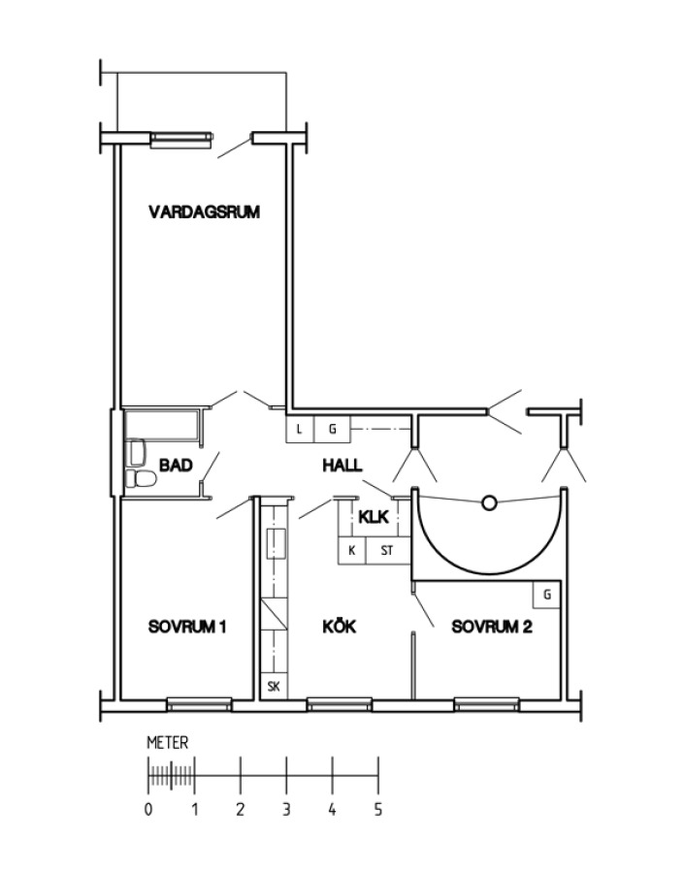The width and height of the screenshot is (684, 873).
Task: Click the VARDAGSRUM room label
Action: [205, 212]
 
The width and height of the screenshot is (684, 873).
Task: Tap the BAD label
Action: [176, 465]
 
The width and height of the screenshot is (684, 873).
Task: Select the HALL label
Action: [342, 465]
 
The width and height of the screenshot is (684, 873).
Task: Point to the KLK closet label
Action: [374, 517]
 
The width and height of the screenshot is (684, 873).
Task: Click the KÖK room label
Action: [340, 627]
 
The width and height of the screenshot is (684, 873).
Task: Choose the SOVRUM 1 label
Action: [187, 627]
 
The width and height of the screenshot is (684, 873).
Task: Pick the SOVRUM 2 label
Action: [492, 627]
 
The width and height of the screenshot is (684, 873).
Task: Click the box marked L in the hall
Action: [300, 430]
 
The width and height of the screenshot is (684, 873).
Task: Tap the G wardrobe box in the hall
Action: [333, 430]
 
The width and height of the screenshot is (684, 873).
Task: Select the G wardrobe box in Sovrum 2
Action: [547, 595]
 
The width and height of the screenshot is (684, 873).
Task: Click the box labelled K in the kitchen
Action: [352, 551]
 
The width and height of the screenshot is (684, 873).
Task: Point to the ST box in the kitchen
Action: [388, 551]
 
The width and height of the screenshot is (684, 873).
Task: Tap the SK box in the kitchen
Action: [274, 687]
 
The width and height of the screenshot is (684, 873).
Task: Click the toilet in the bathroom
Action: [140, 478]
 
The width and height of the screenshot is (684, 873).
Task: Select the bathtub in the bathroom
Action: [162, 426]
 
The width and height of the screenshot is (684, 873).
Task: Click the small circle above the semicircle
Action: [489, 503]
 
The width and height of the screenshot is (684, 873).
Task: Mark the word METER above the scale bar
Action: [168, 743]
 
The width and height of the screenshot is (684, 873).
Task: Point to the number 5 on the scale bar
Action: [378, 809]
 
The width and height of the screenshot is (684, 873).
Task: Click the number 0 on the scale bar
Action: [148, 809]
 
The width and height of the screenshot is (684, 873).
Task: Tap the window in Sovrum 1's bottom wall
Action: [200, 704]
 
